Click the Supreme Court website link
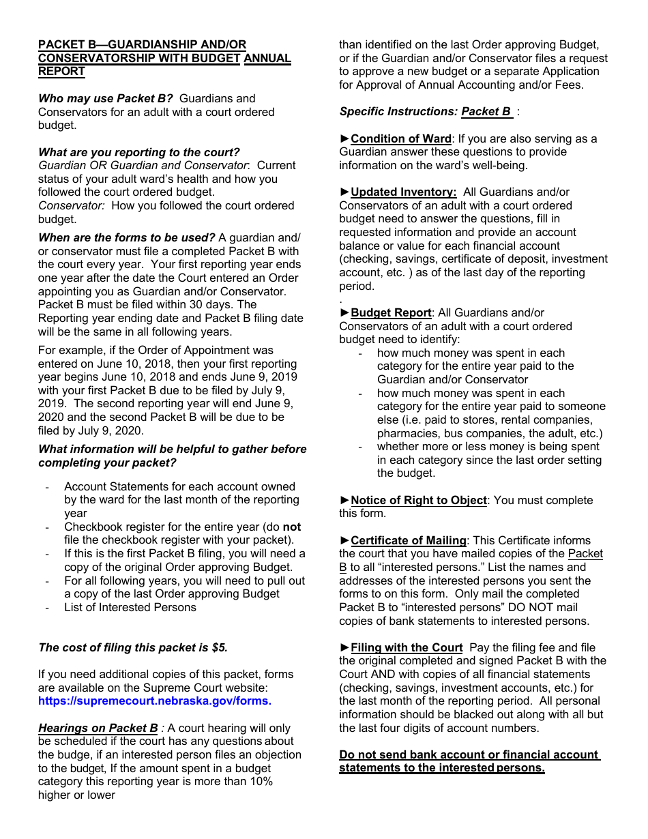[155, 701]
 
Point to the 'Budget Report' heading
[391, 313]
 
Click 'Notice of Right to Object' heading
[419, 501]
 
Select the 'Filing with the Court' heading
[407, 648]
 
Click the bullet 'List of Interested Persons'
[130, 608]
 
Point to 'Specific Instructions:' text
[398, 112]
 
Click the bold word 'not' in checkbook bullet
[292, 527]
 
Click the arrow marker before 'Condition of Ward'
[344, 139]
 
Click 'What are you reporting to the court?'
[139, 153]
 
